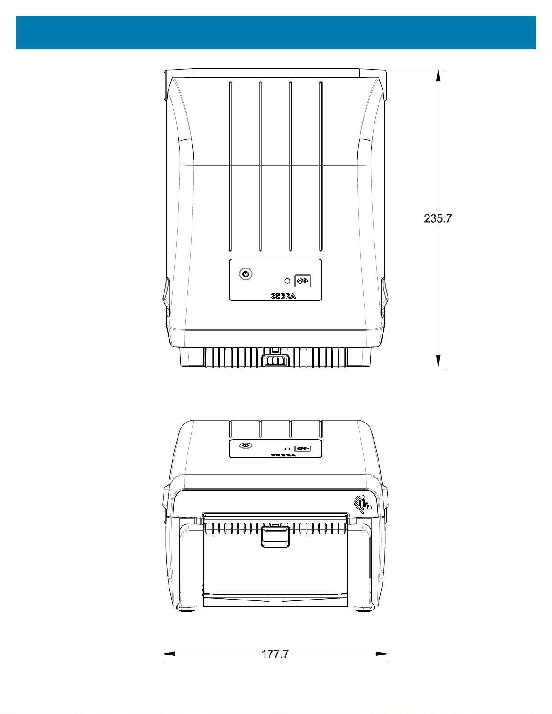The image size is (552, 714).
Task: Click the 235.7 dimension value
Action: click(x=438, y=218)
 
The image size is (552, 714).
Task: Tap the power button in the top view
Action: click(x=246, y=274)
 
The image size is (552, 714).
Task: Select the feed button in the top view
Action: click(x=303, y=281)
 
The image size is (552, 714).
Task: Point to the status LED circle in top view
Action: click(x=287, y=281)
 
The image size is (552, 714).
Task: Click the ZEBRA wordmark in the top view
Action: click(x=283, y=296)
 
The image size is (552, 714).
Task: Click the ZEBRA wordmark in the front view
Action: click(x=283, y=455)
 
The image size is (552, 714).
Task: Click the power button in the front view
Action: click(x=246, y=446)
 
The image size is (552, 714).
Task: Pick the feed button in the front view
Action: click(x=303, y=449)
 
